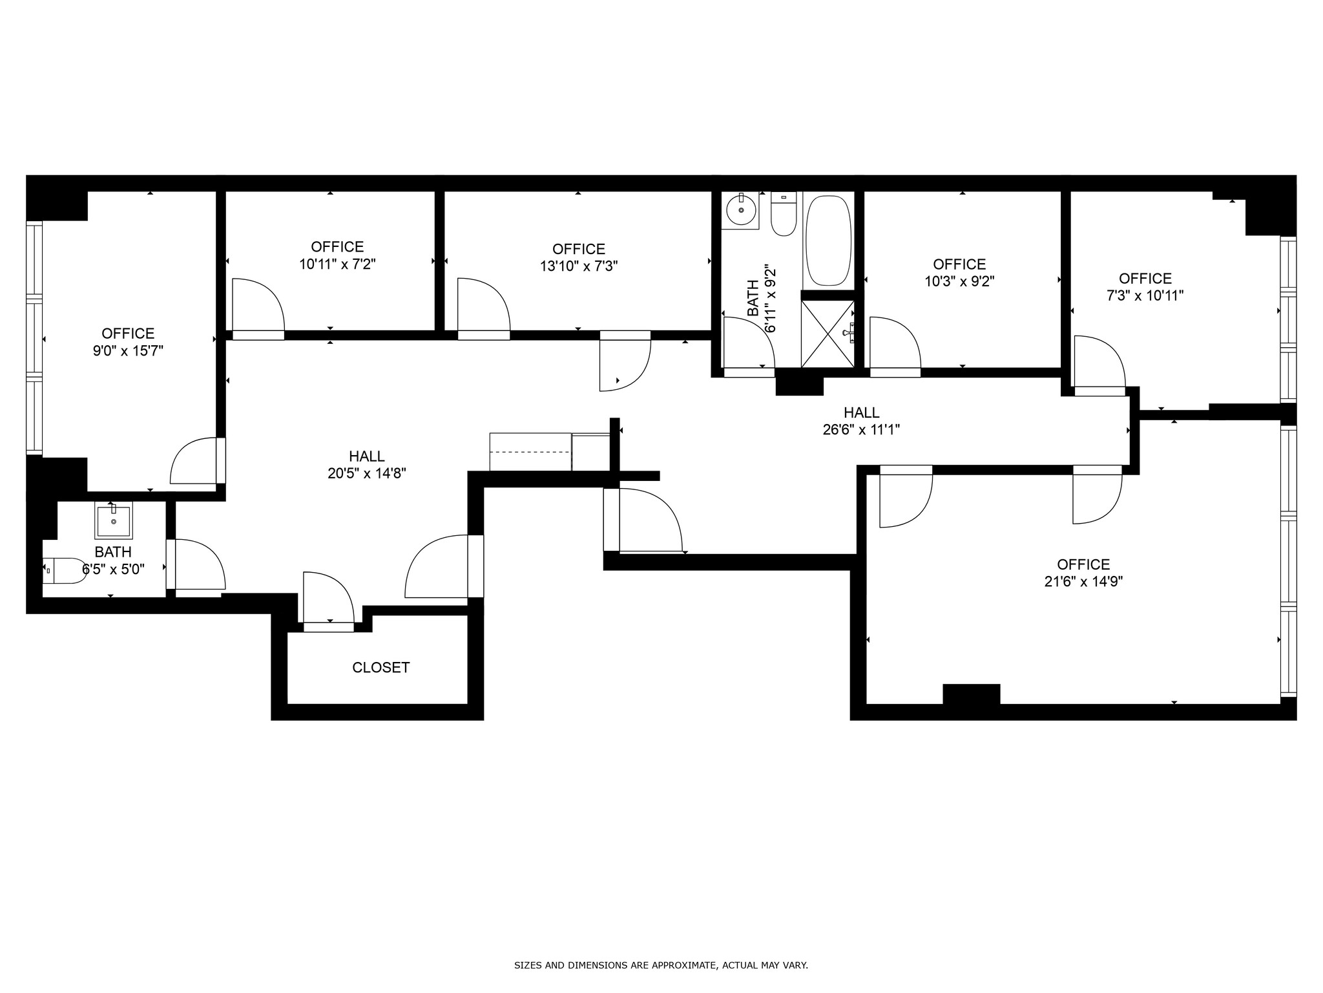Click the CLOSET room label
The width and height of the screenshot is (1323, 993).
click(380, 667)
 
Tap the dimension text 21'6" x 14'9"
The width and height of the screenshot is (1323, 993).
click(1083, 581)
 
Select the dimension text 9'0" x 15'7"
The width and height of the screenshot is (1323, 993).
click(128, 350)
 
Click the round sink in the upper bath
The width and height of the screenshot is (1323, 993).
click(740, 209)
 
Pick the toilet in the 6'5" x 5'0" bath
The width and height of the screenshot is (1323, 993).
click(65, 571)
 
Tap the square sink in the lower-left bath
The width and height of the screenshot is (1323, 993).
click(114, 520)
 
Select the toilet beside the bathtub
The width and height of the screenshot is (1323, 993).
click(784, 214)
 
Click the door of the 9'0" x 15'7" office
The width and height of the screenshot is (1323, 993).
click(198, 460)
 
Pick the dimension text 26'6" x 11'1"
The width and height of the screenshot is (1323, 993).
click(861, 429)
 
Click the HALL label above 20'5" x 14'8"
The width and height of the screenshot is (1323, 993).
click(367, 456)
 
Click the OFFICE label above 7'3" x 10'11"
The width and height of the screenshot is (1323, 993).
click(1145, 279)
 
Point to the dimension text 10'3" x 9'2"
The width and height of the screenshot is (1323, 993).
click(959, 281)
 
